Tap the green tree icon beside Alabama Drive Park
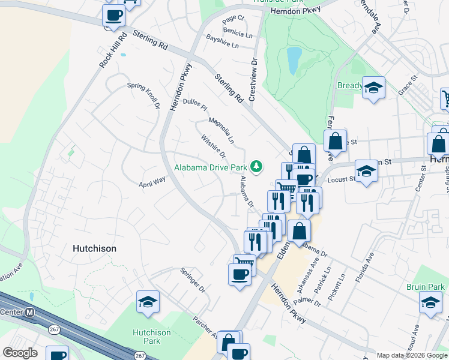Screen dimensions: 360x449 click(257, 166)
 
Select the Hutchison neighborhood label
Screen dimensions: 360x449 click(94, 248)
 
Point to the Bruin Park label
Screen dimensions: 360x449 click(424, 287)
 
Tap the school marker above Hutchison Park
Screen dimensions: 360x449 click(148, 303)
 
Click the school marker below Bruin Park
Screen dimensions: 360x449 click(430, 304)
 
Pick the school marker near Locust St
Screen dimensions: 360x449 click(366, 171)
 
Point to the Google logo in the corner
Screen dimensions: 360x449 click(20, 353)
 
